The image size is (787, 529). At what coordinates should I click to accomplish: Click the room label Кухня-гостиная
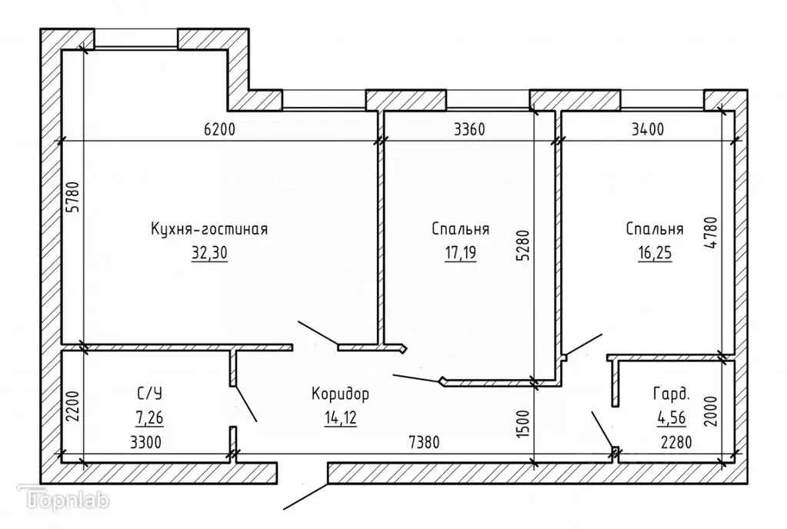click(209, 229)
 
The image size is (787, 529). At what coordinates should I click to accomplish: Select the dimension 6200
click(221, 129)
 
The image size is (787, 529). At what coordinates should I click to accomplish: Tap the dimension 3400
click(646, 129)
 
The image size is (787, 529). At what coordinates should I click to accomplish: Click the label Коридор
click(340, 394)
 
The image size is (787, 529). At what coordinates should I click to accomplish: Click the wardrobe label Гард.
click(671, 394)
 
